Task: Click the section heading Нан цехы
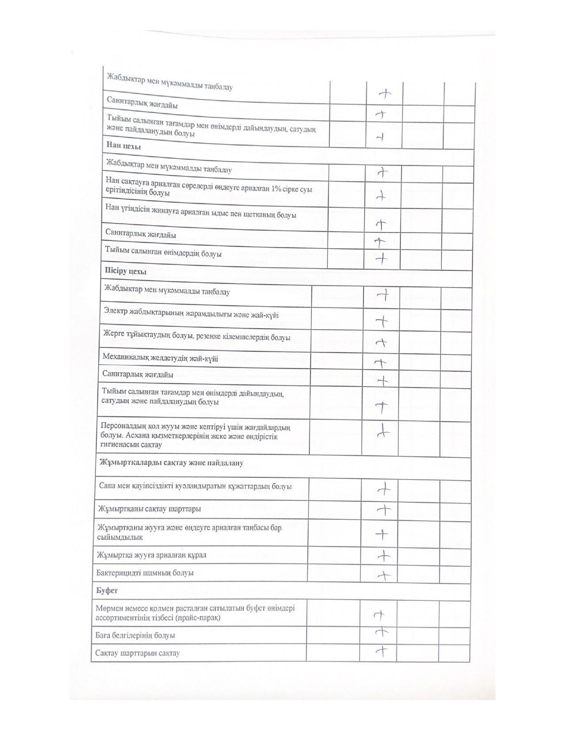tap(123, 146)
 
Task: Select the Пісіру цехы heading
tap(125, 271)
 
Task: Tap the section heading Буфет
tap(107, 591)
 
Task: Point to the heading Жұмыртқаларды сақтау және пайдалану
tap(171, 463)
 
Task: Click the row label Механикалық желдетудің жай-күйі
tap(160, 357)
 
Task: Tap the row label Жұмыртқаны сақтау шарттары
tap(150, 508)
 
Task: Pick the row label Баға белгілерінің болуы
tap(135, 635)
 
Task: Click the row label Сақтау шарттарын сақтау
tap(138, 653)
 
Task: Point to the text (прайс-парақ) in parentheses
tap(198, 618)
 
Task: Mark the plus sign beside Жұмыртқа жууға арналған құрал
tap(384, 555)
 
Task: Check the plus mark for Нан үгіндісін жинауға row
tap(381, 224)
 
